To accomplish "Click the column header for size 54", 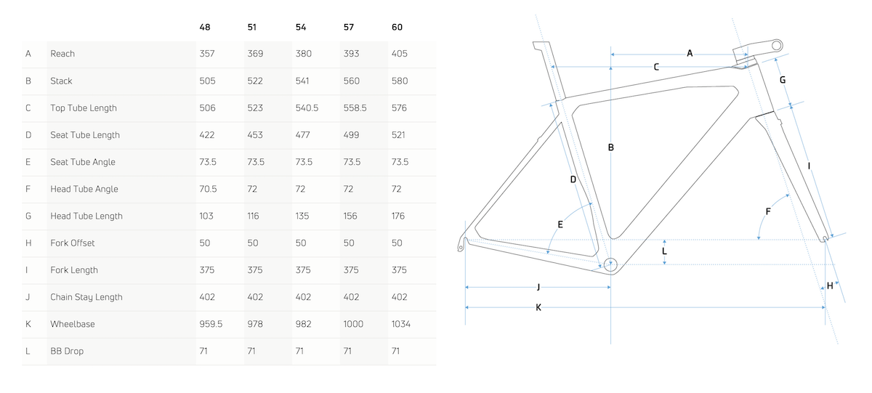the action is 301,27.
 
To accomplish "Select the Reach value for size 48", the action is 206,54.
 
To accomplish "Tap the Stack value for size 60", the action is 400,81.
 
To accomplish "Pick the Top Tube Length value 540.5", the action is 307,108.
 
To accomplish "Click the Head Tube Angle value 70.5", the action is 208,189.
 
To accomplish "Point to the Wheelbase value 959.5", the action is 211,324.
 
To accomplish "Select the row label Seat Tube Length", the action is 85,135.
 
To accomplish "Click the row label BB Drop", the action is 67,351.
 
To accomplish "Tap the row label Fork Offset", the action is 73,243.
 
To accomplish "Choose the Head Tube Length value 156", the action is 350,216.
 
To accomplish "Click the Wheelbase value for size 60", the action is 400,324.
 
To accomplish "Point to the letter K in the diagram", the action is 538,308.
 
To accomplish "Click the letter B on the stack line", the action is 611,147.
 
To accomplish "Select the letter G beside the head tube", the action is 783,80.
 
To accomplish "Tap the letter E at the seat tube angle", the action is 560,224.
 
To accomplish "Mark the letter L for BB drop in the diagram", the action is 664,251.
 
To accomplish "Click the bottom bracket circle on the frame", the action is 610,264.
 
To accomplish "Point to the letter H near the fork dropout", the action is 830,286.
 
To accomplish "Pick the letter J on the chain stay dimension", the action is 538,287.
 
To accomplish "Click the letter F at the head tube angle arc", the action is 768,211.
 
